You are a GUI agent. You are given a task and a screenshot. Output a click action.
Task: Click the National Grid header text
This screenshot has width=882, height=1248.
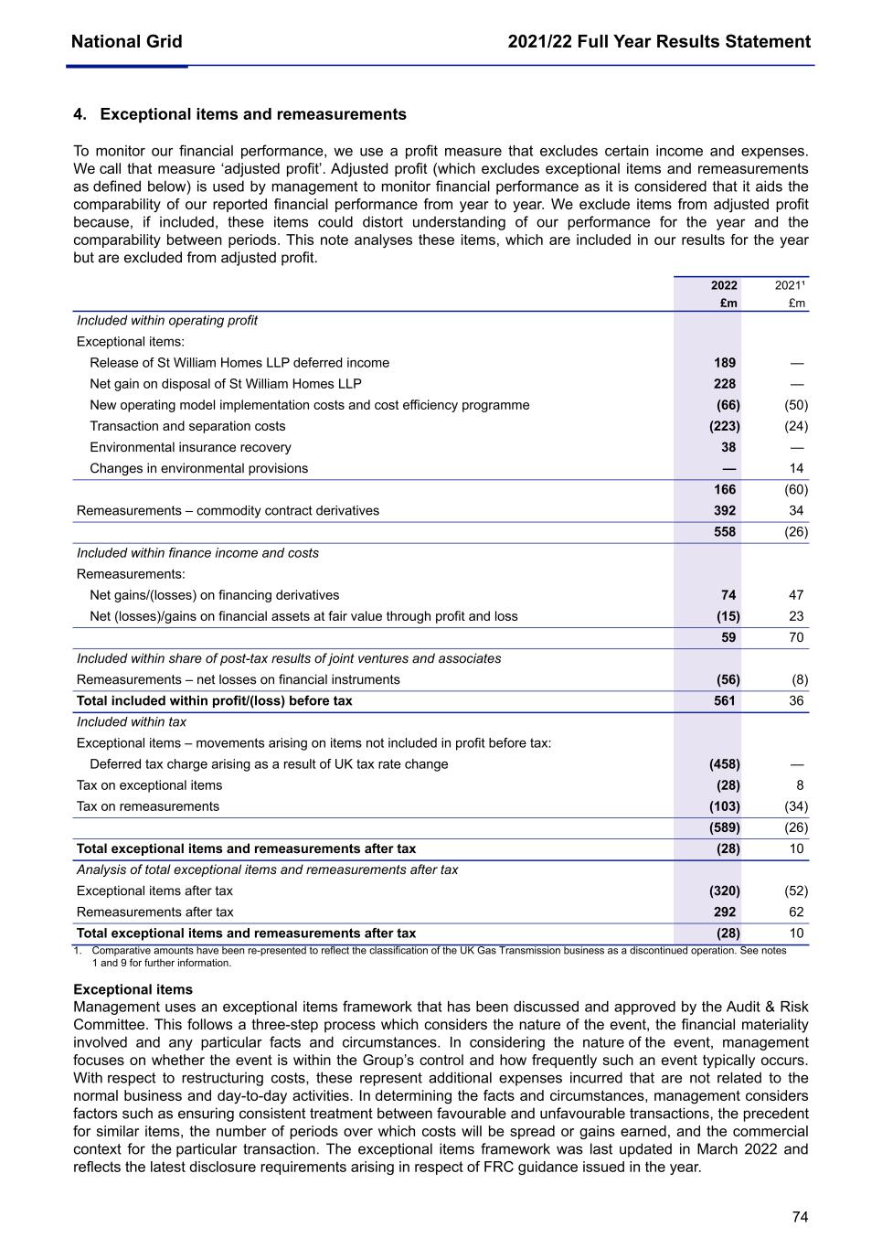tap(126, 41)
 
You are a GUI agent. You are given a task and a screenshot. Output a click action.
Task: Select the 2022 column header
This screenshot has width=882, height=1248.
tap(724, 285)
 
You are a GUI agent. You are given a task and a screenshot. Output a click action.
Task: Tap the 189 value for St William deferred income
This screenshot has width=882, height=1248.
tap(725, 363)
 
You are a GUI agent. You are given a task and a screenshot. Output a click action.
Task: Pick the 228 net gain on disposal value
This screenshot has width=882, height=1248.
tap(725, 384)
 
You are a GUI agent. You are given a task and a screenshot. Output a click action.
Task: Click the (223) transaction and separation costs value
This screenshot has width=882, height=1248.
tap(725, 426)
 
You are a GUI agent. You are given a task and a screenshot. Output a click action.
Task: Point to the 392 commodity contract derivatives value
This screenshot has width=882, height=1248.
tap(725, 510)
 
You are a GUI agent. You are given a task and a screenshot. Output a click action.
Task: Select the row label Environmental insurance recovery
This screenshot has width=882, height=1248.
tap(190, 447)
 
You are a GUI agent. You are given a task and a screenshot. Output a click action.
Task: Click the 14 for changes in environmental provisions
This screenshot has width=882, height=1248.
tap(796, 468)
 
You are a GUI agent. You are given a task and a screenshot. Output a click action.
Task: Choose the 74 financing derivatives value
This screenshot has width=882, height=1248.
tap(728, 595)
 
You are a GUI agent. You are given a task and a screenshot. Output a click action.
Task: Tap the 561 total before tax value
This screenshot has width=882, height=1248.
tap(725, 700)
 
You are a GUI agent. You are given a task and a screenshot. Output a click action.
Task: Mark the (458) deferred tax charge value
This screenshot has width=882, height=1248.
tap(725, 764)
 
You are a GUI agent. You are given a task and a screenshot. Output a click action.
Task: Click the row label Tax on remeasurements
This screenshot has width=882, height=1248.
tap(148, 806)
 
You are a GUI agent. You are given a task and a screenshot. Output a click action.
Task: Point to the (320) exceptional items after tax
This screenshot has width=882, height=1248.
tap(725, 891)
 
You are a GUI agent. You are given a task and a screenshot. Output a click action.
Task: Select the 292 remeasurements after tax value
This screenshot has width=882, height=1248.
tap(725, 912)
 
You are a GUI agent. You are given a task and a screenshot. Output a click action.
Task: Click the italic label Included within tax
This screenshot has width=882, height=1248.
tap(132, 722)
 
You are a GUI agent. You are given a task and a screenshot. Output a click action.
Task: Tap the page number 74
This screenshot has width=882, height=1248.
tap(800, 1217)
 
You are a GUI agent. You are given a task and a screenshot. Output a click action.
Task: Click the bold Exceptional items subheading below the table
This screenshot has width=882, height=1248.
tap(133, 989)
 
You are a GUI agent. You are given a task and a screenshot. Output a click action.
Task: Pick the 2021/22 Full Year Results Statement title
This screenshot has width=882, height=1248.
tap(659, 41)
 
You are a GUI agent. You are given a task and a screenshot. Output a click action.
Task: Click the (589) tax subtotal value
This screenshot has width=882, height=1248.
tap(725, 827)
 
